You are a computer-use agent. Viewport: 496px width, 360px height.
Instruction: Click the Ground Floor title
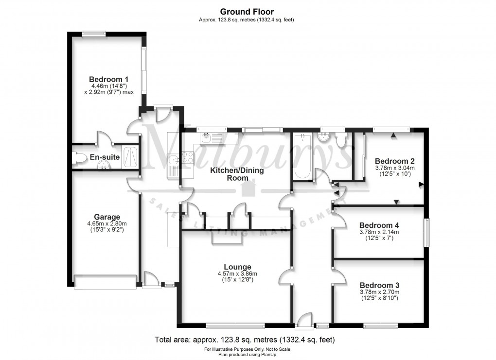tap(247, 12)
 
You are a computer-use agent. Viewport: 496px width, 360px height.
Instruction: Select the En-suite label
tap(105, 157)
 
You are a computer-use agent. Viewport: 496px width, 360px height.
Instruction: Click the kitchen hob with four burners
tap(187, 157)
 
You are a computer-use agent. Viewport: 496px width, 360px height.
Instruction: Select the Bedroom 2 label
tap(394, 161)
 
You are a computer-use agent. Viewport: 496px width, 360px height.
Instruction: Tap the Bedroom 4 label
tap(379, 225)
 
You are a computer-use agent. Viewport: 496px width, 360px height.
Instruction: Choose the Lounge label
tap(237, 267)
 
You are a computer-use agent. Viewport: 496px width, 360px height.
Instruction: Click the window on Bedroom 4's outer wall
tap(426, 233)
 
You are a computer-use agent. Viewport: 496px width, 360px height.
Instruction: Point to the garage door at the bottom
tap(105, 282)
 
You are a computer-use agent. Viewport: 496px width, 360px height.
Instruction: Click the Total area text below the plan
tap(245, 340)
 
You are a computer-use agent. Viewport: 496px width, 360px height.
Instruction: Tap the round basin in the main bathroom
tap(322, 139)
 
